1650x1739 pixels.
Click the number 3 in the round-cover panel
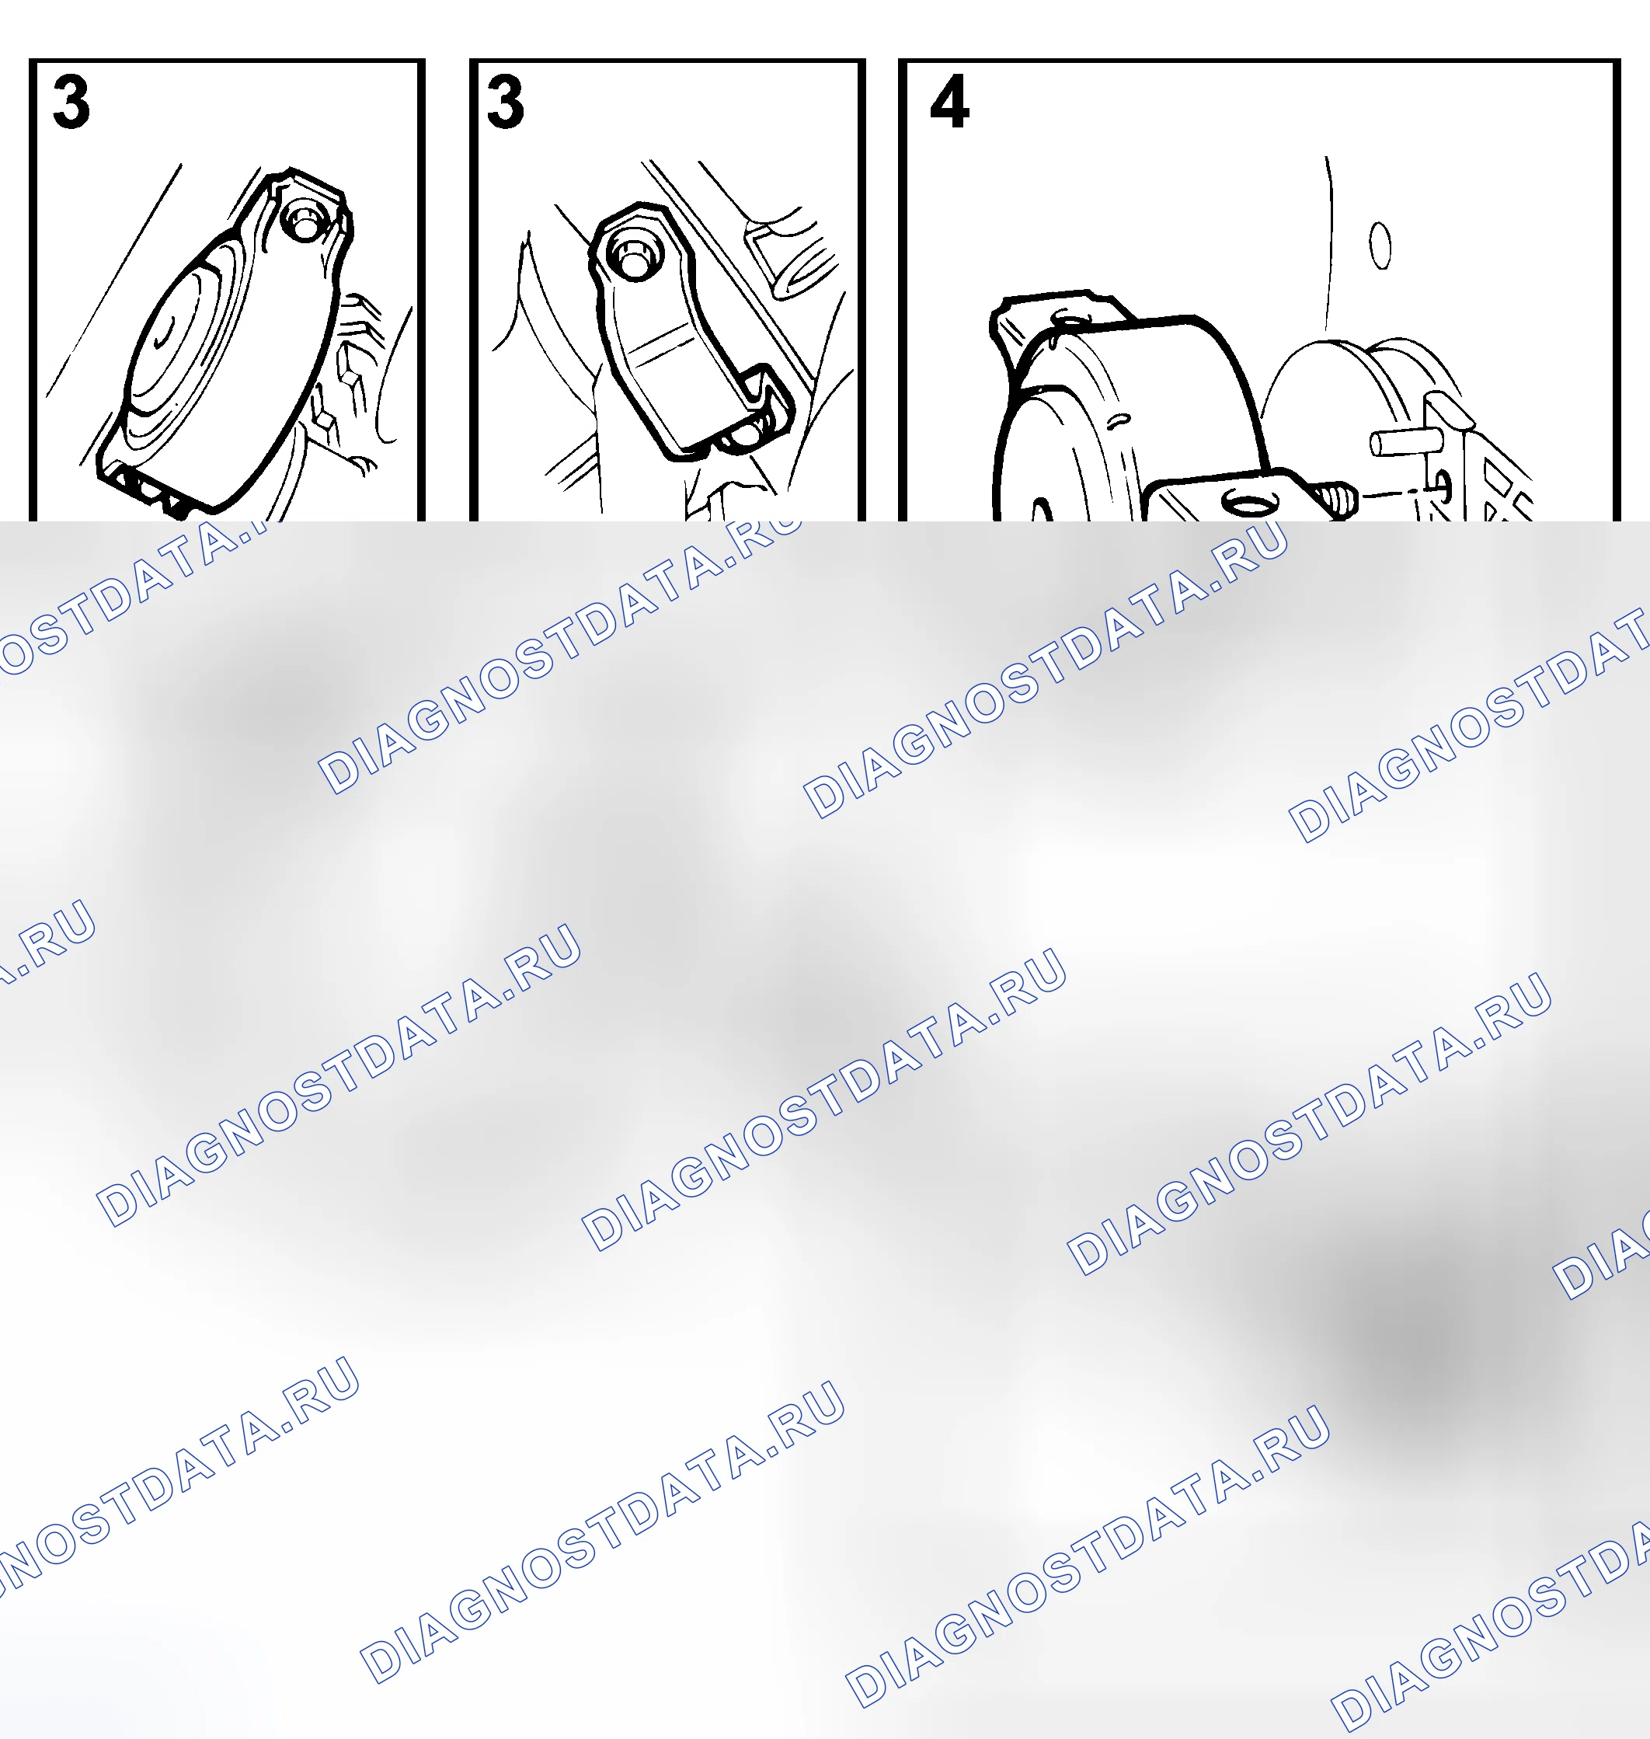[x=71, y=103]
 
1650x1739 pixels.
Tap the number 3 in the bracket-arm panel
[x=506, y=103]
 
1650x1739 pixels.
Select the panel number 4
[x=950, y=103]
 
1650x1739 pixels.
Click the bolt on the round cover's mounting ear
[x=305, y=221]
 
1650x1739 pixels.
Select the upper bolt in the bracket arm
[x=632, y=256]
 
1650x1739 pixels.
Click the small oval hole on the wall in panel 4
[x=1381, y=246]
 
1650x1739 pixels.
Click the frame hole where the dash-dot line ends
[x=1443, y=482]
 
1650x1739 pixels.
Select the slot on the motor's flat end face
[x=1043, y=511]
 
